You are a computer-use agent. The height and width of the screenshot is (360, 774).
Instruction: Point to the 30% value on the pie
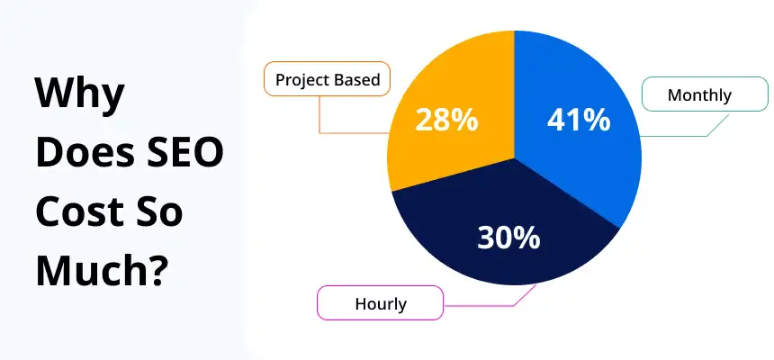pyautogui.click(x=508, y=238)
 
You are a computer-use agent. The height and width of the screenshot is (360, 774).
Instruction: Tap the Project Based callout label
pyautogui.click(x=328, y=80)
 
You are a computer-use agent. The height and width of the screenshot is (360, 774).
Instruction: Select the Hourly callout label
pyautogui.click(x=380, y=303)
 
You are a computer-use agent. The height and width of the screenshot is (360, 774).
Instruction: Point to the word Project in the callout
pyautogui.click(x=303, y=80)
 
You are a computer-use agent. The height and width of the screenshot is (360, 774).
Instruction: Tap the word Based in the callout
pyautogui.click(x=357, y=80)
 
